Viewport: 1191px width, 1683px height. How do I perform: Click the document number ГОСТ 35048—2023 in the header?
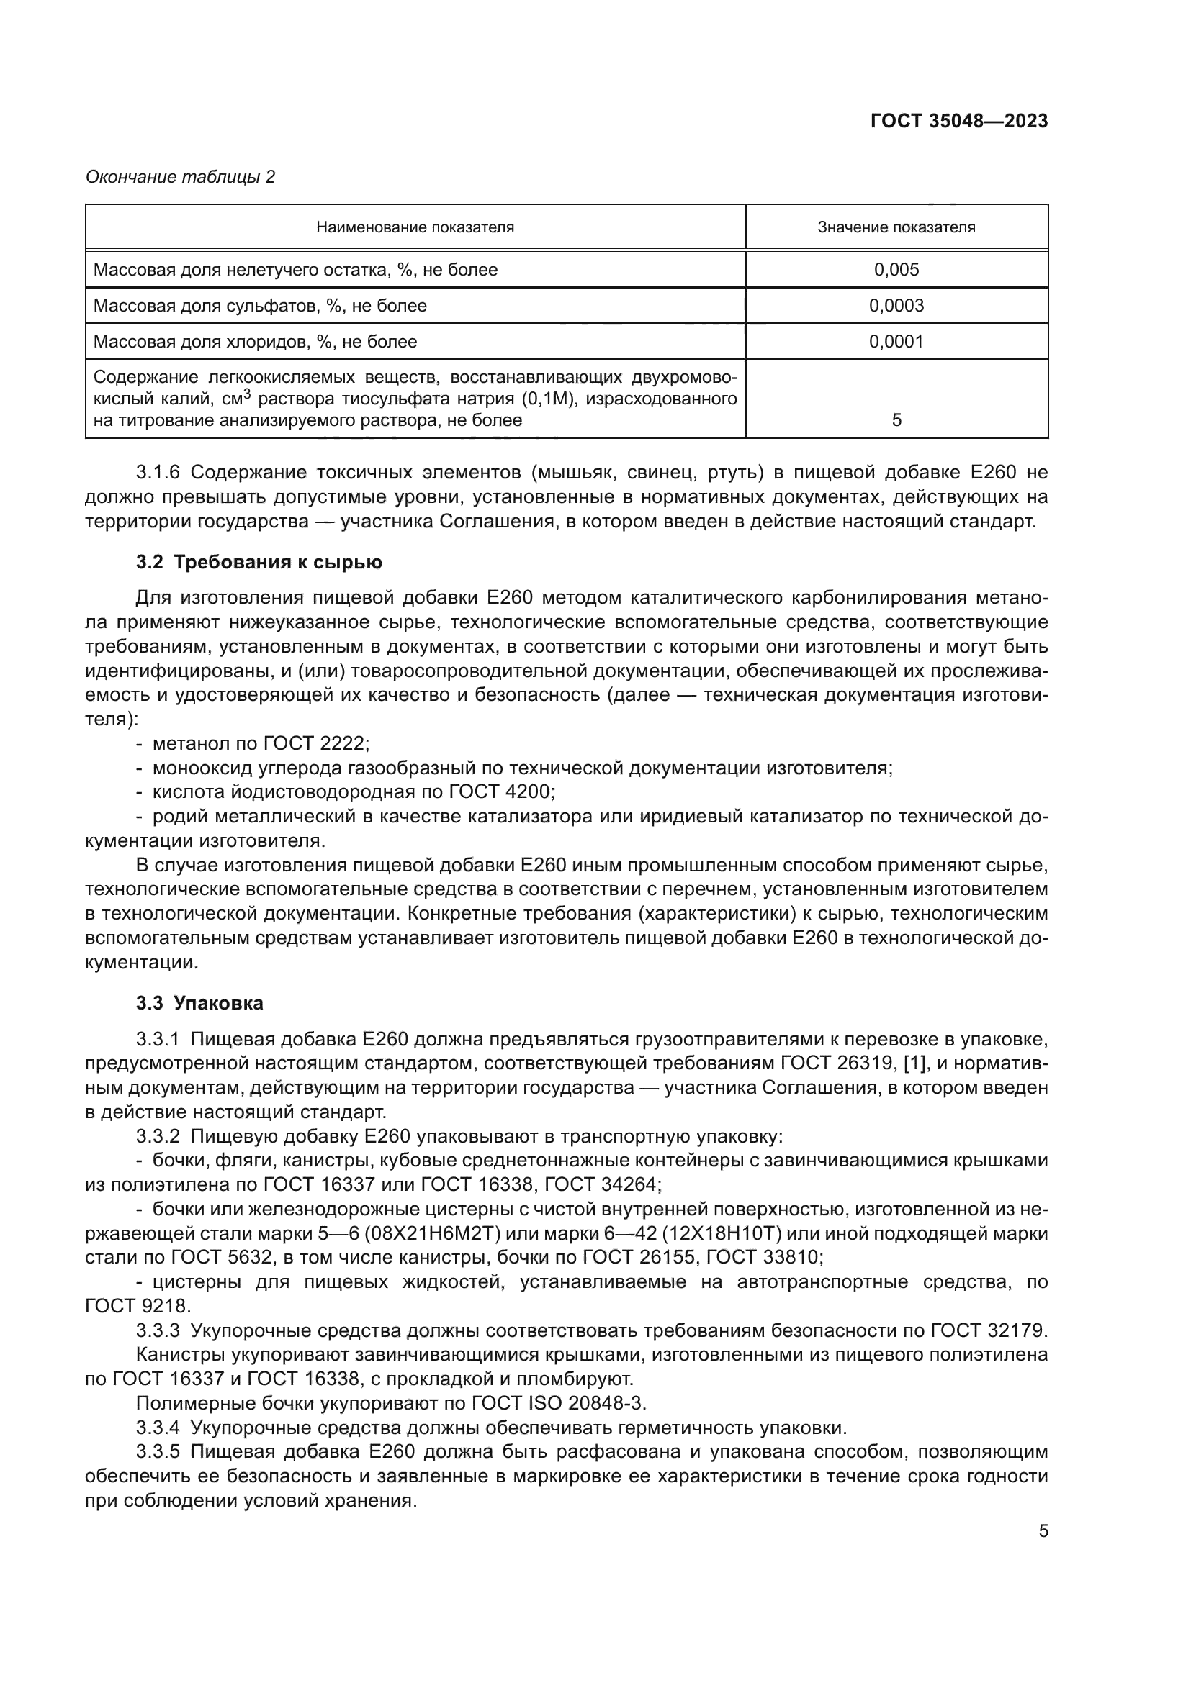(958, 122)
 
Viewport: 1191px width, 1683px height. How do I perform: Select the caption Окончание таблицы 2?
(181, 177)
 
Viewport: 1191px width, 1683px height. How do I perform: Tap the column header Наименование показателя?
(415, 227)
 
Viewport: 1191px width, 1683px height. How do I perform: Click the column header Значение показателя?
(896, 227)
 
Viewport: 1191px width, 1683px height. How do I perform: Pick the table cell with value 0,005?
(896, 270)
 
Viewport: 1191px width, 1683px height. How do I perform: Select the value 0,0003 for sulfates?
(896, 306)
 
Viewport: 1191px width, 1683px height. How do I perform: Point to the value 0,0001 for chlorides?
(896, 342)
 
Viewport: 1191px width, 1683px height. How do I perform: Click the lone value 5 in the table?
(896, 421)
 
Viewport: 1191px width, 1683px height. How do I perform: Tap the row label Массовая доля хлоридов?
(255, 342)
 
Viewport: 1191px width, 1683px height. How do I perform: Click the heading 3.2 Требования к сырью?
(259, 562)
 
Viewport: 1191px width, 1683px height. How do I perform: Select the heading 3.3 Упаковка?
(199, 1003)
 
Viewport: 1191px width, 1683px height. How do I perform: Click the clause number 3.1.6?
(158, 471)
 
